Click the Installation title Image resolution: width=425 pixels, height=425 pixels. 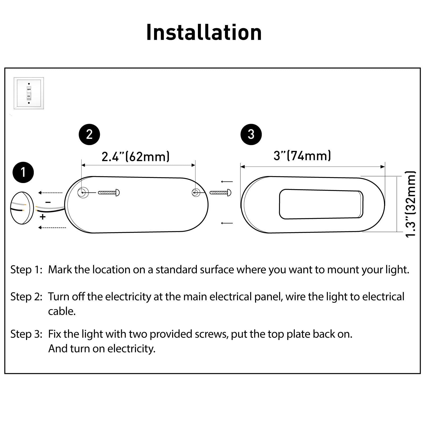point(204,32)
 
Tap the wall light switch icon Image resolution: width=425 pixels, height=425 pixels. point(29,93)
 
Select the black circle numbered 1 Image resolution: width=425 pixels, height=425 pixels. point(23,172)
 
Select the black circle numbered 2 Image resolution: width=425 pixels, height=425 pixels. point(89,134)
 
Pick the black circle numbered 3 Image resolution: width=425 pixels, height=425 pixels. point(251,134)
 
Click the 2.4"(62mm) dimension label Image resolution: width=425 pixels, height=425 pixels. point(135,156)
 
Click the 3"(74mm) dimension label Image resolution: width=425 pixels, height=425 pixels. point(302,156)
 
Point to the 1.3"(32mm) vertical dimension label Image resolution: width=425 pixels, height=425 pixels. point(410,204)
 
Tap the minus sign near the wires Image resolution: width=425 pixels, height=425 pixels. point(48,202)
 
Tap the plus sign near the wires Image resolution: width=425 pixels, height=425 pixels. point(43,217)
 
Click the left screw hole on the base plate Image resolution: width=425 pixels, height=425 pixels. point(83,192)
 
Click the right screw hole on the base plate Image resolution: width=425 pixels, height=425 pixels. point(196,192)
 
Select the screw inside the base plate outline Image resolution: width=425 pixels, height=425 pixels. point(109,193)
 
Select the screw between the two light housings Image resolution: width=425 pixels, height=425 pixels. point(220,193)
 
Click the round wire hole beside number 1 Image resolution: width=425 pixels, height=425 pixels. point(22,208)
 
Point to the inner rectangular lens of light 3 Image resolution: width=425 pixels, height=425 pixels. point(321,204)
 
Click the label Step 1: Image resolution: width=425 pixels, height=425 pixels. point(26,270)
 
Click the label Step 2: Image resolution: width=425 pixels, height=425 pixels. point(26,297)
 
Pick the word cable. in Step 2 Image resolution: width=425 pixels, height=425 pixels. point(62,311)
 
